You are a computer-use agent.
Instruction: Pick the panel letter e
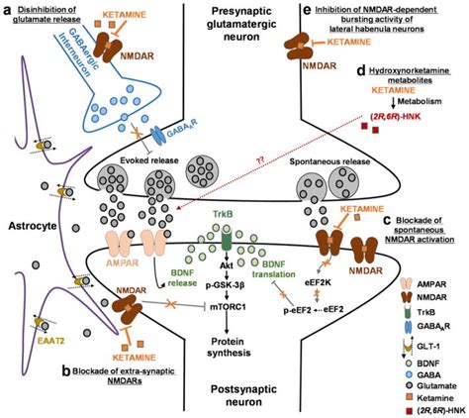tap(308, 11)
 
